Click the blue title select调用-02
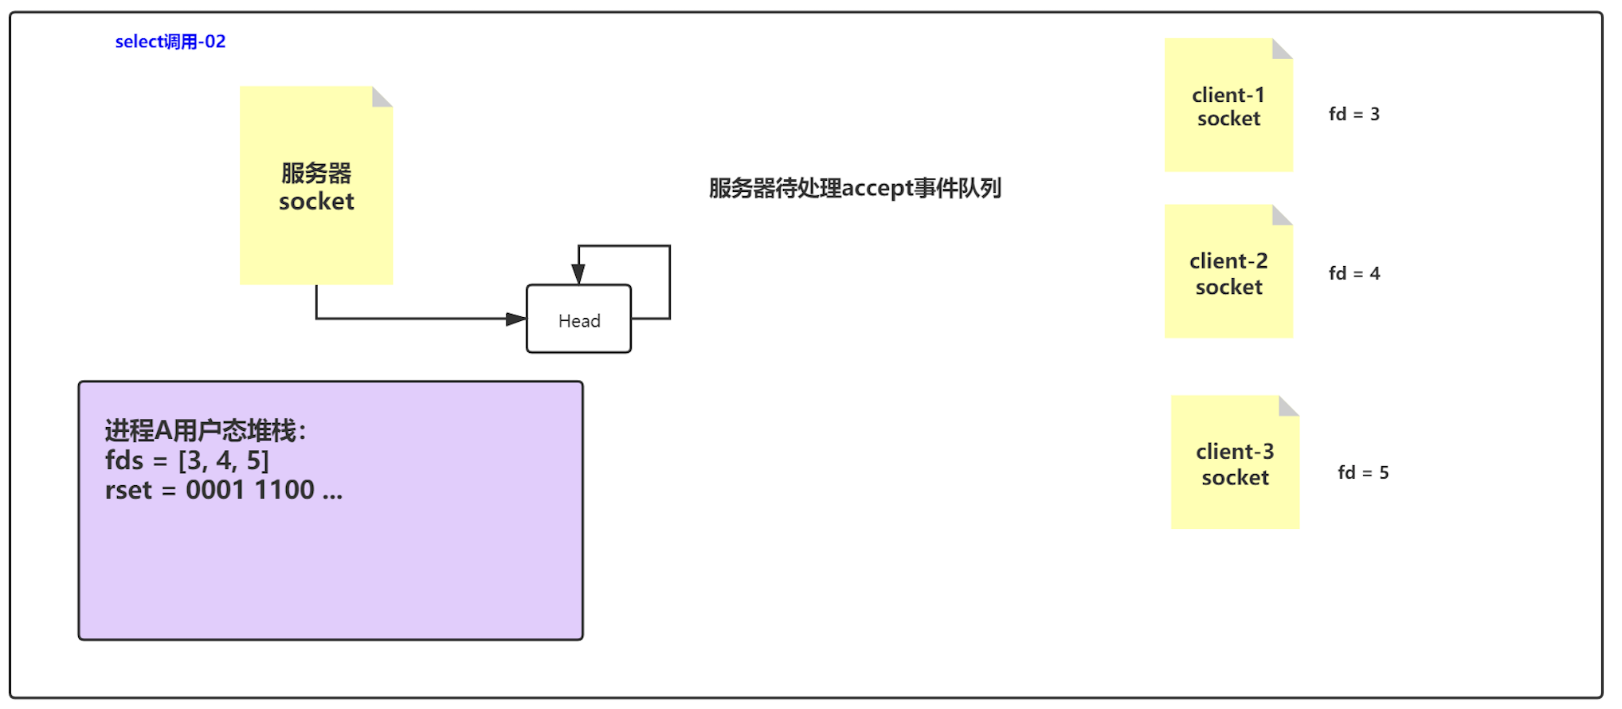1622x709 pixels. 170,41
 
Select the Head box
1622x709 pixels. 578,319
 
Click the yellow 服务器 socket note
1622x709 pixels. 316,186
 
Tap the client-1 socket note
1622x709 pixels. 1228,106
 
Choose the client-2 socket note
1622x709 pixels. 1228,272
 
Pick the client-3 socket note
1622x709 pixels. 1234,464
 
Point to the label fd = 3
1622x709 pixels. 1354,114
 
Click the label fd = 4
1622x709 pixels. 1354,273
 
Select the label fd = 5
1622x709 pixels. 1362,472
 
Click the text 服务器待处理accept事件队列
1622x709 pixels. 855,188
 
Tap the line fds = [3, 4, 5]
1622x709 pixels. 187,460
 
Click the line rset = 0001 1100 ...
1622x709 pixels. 223,490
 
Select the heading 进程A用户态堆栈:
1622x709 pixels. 205,430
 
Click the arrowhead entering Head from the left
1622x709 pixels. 516,319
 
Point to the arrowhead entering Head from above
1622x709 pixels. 578,275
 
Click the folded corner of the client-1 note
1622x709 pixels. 1282,49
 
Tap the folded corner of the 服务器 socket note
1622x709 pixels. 382,96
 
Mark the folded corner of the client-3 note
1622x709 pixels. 1288,405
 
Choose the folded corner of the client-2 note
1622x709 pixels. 1282,214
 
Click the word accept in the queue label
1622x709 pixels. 877,189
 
